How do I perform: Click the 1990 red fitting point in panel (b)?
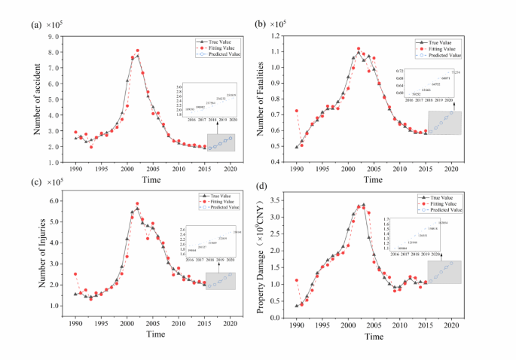(x=296, y=111)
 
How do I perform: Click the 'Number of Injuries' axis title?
(x=37, y=262)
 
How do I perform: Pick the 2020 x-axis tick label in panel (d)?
(x=452, y=323)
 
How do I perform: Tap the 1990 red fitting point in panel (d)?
(x=296, y=280)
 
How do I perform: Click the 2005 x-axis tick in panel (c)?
(x=153, y=323)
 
